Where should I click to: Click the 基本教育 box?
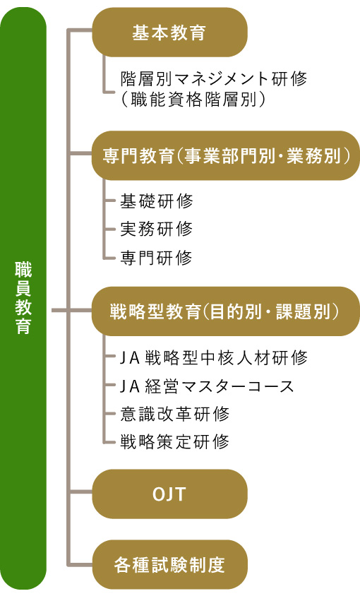coord(169,32)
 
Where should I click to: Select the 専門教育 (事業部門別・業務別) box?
coord(226,156)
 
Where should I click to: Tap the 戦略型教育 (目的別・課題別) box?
coord(226,311)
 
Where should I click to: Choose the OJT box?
coord(169,494)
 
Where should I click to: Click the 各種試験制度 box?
coord(169,564)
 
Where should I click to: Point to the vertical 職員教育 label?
coord(23,297)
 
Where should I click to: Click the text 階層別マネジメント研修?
coord(214,78)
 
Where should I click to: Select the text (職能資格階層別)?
coord(193,99)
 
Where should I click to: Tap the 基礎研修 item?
coord(156,201)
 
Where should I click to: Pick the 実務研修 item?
coord(156,229)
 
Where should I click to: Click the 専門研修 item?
coord(156,257)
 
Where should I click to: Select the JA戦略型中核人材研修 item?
coord(214,358)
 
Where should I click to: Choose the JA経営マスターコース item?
coord(208,386)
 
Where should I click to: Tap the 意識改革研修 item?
coord(175,414)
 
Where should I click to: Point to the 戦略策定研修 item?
coord(175,441)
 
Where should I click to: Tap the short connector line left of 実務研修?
coord(109,230)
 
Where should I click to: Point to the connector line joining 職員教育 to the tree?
coord(59,311)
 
